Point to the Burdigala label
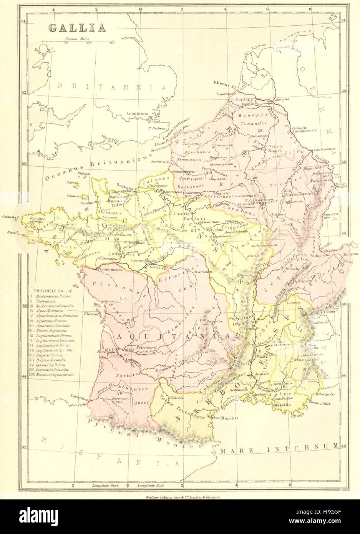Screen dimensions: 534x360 pyautogui.click(x=106, y=350)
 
